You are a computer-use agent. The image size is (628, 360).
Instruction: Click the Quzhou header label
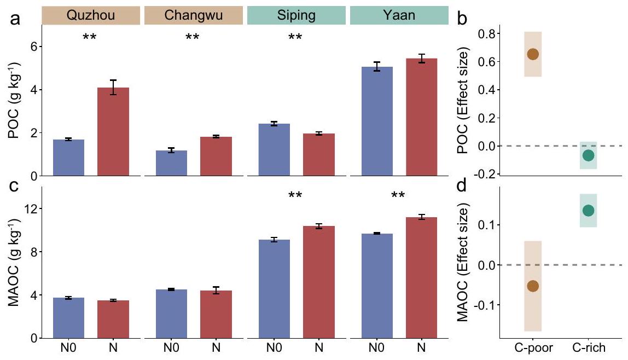91,15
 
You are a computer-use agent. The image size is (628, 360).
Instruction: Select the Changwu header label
194,15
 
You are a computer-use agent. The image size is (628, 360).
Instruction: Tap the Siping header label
296,15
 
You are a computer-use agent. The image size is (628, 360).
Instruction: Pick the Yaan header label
399,15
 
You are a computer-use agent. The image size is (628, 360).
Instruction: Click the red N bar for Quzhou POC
113,131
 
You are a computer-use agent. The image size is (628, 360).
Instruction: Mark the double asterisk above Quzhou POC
91,38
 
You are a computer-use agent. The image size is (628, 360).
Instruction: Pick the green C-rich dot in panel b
588,155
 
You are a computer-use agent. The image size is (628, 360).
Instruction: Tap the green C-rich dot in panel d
588,211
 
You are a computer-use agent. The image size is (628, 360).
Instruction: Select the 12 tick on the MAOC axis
31,209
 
